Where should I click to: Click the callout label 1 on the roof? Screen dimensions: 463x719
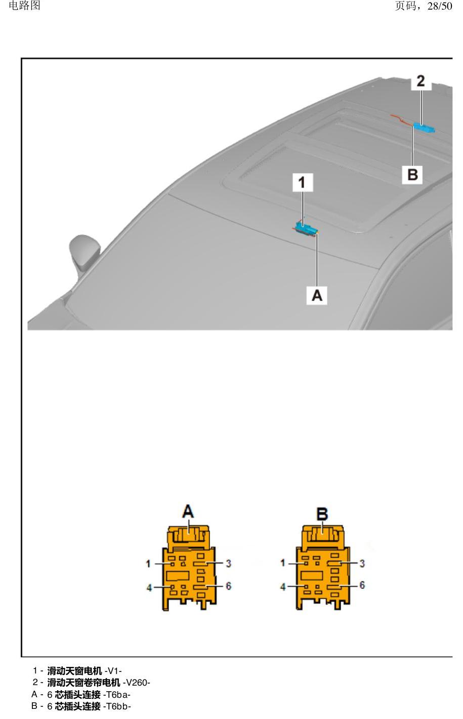click(302, 183)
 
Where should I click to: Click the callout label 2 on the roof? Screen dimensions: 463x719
click(421, 81)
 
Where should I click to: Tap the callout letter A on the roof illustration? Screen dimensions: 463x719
click(317, 295)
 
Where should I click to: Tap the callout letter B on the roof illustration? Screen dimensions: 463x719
click(412, 175)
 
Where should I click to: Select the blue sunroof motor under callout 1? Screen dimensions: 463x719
click(306, 229)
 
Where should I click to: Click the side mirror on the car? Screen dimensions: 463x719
click(84, 253)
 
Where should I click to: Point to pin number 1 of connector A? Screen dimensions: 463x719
click(148, 564)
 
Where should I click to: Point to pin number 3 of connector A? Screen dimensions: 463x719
click(228, 563)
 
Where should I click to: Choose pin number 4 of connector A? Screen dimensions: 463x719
click(149, 588)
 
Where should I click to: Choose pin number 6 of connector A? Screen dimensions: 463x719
click(228, 586)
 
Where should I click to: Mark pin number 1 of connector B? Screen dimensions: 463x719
click(282, 563)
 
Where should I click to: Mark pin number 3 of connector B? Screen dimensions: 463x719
click(362, 563)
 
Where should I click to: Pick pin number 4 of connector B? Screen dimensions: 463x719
click(283, 587)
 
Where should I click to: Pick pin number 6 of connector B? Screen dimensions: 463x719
click(362, 585)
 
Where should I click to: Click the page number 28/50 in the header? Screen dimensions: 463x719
click(440, 6)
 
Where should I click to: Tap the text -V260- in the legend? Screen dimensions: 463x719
click(136, 683)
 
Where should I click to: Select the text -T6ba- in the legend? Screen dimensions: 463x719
click(116, 695)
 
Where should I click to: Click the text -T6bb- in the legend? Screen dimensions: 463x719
click(117, 706)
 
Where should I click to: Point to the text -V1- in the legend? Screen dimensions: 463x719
click(113, 671)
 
